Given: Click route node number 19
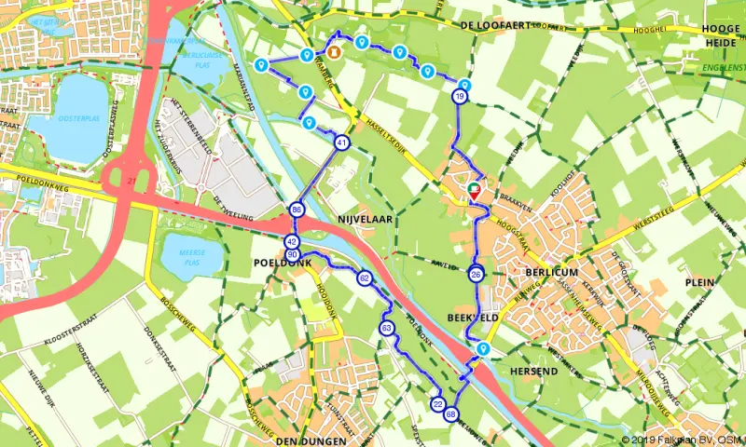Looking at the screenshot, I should point(460,97).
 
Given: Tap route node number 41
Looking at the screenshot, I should point(342,143).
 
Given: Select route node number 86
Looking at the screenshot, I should point(297,210).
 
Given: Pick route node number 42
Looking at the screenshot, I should point(292,242).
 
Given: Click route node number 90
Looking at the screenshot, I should point(293,255).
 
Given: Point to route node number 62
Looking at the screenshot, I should point(365,278).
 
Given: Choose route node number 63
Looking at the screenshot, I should point(386,328).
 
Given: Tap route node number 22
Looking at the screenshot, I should point(437,404).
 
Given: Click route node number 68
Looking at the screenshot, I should point(451,414).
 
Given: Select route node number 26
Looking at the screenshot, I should point(477,274).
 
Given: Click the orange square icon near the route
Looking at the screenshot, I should point(332,51).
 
